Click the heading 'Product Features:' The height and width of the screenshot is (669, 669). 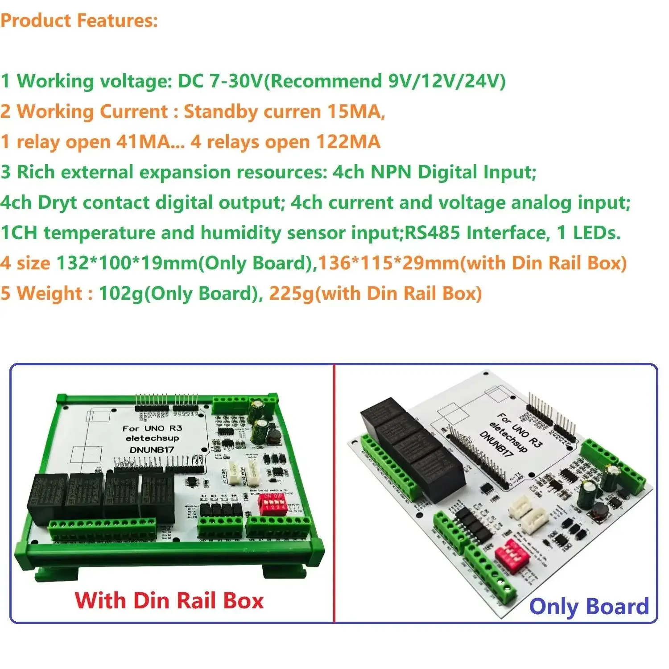pyautogui.click(x=79, y=21)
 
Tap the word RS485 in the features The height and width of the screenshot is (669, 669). pyautogui.click(x=432, y=233)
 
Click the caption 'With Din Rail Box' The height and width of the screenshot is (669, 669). pyautogui.click(x=169, y=600)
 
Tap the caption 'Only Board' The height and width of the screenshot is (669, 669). pyautogui.click(x=589, y=607)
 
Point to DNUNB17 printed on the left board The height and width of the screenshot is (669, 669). pyautogui.click(x=152, y=450)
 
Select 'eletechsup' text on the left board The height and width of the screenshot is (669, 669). pyautogui.click(x=152, y=438)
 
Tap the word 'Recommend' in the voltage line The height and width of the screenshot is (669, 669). pyautogui.click(x=323, y=81)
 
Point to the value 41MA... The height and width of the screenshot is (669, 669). pyautogui.click(x=143, y=142)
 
